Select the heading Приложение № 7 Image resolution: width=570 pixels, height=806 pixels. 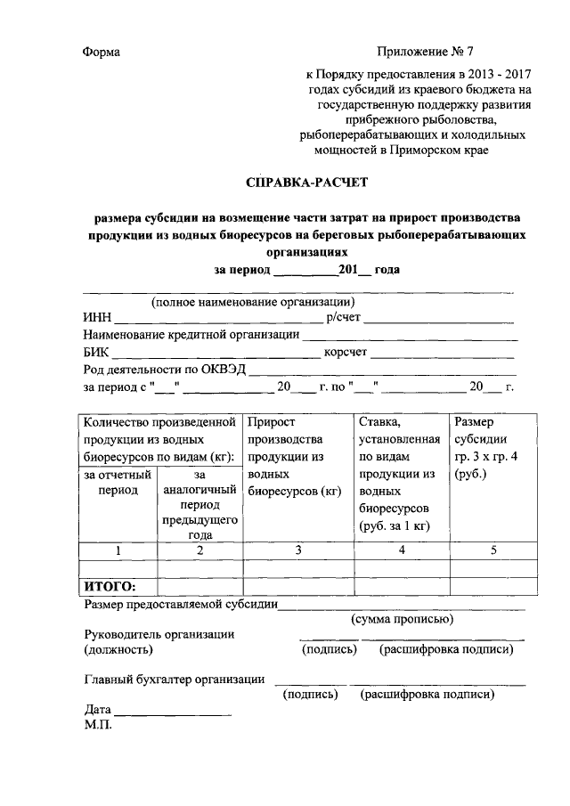(x=431, y=53)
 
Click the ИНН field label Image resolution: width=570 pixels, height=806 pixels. (x=97, y=318)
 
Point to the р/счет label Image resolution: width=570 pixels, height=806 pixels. (x=343, y=318)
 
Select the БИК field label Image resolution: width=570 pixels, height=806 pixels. (x=96, y=353)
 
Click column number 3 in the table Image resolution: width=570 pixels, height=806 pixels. (x=298, y=550)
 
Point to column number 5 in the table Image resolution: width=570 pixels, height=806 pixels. (x=493, y=550)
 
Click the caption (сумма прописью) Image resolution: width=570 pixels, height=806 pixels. (x=403, y=619)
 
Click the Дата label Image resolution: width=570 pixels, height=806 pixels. (x=97, y=711)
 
